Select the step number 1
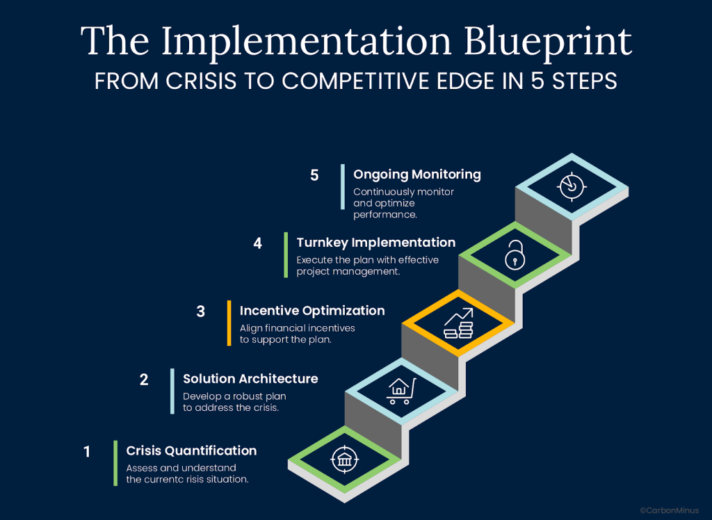click(87, 452)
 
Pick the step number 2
click(144, 380)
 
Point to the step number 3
click(201, 311)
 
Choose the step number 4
click(258, 243)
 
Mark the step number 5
click(314, 175)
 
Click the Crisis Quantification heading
click(191, 450)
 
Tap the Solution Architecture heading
click(250, 379)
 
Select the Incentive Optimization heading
click(312, 311)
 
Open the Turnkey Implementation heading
click(375, 243)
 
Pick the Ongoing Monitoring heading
click(417, 174)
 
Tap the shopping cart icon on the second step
click(401, 391)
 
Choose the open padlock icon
click(515, 255)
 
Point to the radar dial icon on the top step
click(571, 186)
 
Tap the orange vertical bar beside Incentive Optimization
click(229, 323)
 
